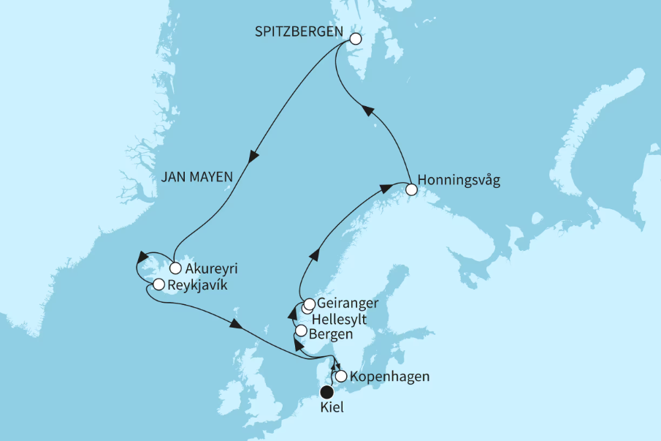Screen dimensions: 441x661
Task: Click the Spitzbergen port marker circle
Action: (356, 39)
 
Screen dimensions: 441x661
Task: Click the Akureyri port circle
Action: (175, 268)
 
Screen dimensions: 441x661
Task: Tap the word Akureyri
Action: (210, 268)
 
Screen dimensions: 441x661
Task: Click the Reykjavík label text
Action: (196, 285)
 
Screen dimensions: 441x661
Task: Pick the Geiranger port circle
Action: (310, 304)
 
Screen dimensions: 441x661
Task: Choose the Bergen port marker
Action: (300, 330)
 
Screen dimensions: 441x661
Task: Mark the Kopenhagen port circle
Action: (340, 377)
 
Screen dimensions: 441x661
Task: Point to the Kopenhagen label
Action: (389, 377)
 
